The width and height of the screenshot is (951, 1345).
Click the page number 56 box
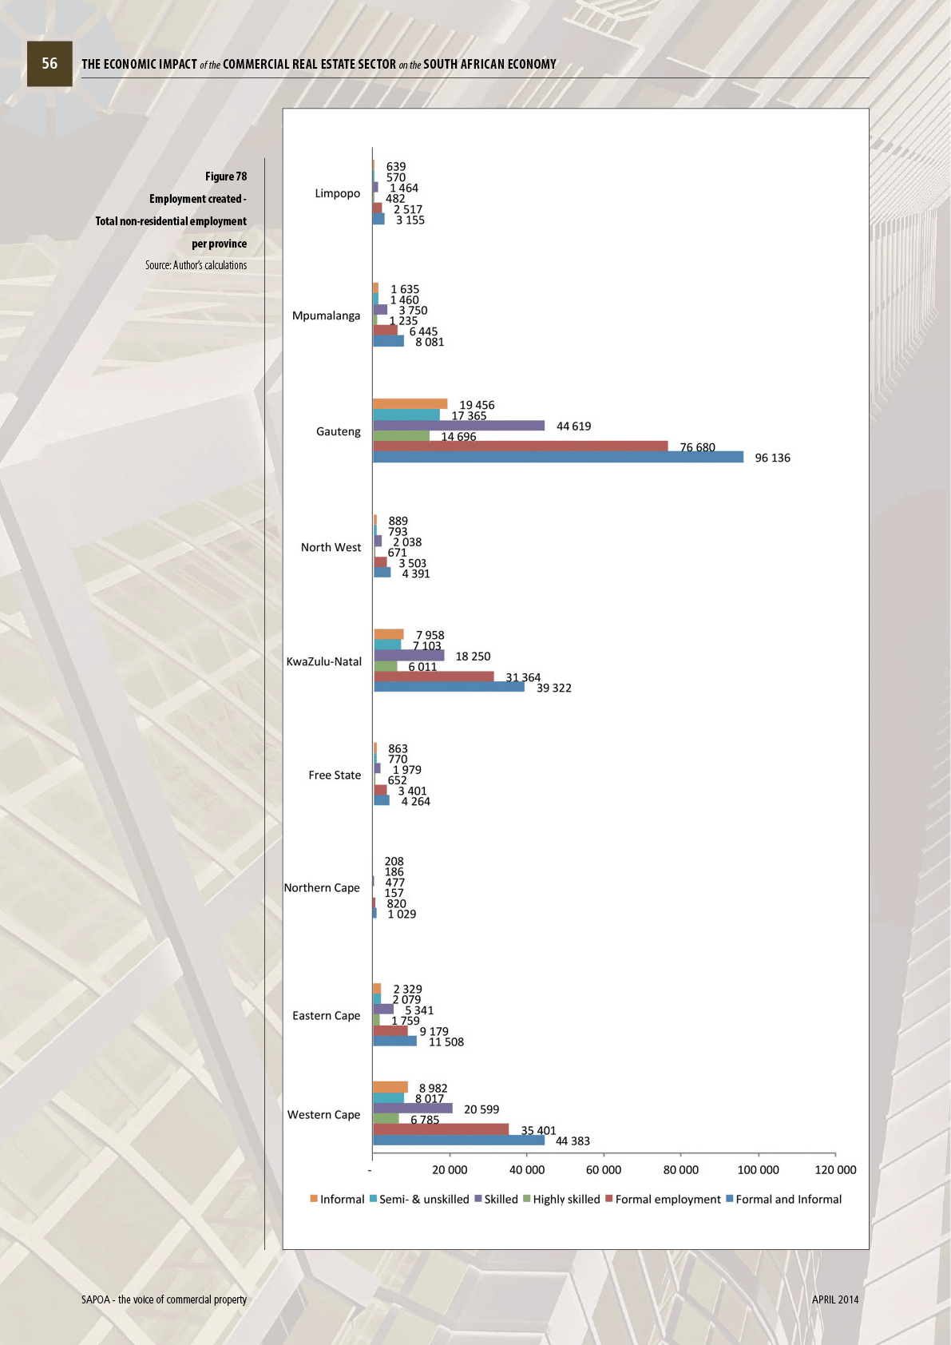[x=50, y=64]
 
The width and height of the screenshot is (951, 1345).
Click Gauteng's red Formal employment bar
[x=520, y=446]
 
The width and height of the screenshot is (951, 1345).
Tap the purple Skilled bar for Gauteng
[x=458, y=426]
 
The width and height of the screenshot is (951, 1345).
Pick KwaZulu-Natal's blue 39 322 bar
[x=449, y=687]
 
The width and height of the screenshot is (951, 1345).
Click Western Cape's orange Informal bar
[x=390, y=1087]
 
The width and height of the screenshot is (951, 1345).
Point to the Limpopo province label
[x=337, y=193]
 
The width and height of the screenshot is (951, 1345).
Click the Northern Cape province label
[x=322, y=887]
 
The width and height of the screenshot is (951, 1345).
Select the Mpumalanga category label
[x=326, y=315]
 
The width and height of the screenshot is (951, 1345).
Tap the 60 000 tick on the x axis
[x=604, y=1170]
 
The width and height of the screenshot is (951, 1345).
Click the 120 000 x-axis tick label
[x=835, y=1170]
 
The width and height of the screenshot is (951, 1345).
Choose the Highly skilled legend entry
[x=561, y=1199]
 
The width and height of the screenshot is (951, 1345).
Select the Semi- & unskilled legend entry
[x=419, y=1199]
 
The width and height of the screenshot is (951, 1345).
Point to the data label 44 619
[x=573, y=427]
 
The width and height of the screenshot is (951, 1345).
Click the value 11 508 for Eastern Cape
[x=446, y=1041]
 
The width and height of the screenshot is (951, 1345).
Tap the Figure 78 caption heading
[x=226, y=177]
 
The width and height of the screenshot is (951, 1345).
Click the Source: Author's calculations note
[x=196, y=265]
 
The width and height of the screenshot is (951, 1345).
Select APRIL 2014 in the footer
[x=835, y=1299]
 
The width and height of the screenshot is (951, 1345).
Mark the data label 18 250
[x=473, y=657]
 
